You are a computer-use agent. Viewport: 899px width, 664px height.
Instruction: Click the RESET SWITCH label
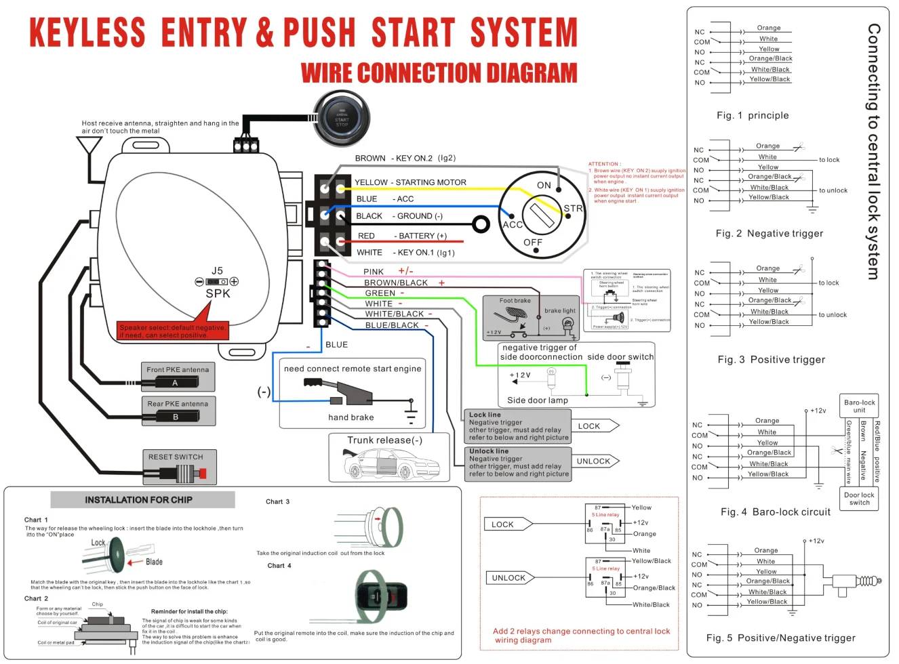[x=176, y=457]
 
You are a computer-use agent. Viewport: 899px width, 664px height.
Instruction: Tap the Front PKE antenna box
[x=178, y=376]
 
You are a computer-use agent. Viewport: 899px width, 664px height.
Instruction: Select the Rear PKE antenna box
[x=178, y=411]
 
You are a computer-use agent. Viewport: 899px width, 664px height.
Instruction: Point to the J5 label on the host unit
[x=217, y=271]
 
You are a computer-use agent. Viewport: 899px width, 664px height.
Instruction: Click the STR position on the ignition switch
[x=573, y=209]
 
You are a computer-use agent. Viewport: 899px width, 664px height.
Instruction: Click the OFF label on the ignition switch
[x=533, y=243]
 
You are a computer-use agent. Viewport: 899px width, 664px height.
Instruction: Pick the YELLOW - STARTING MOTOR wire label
[x=410, y=182]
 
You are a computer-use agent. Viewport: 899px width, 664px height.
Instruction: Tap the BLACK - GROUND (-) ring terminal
[x=481, y=224]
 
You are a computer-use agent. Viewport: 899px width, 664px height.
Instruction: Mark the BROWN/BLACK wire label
[x=396, y=283]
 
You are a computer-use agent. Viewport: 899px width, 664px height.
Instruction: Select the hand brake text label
[x=351, y=417]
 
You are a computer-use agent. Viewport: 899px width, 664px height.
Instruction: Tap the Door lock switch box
[x=859, y=499]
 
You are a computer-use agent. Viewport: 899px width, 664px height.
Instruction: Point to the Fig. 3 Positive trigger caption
[x=772, y=360]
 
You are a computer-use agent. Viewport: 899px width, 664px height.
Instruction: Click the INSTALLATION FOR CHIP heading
[x=139, y=500]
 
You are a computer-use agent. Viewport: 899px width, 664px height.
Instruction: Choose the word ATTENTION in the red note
[x=603, y=164]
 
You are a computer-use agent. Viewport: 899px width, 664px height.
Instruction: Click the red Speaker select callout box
[x=172, y=331]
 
